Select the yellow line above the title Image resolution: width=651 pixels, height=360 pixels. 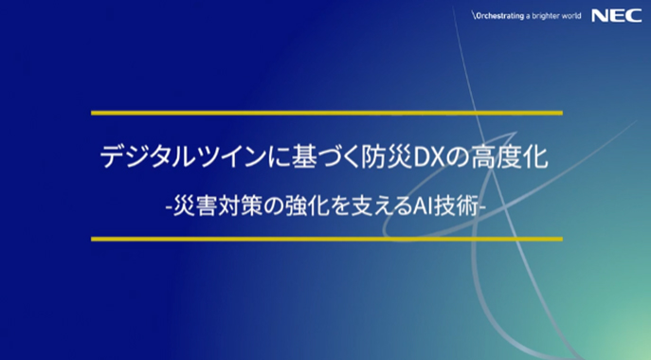coord(326,113)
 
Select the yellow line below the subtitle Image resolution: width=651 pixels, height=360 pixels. coord(326,239)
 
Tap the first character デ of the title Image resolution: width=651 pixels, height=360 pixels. coord(112,157)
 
